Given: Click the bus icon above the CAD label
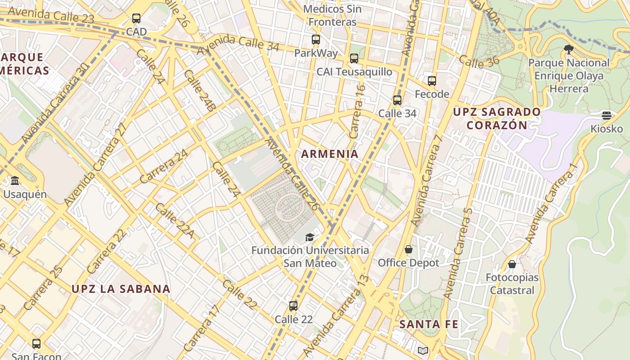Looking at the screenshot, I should point(136,18).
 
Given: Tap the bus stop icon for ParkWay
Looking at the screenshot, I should point(316,40).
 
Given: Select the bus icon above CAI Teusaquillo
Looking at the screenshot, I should point(354,58).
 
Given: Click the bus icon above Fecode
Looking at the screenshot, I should point(432,81).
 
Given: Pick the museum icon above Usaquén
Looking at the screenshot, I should point(15,181).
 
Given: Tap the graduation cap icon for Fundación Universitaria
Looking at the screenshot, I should point(310,237).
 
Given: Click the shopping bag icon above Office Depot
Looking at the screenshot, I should point(409,249).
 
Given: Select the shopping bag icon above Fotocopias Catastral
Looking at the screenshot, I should point(512,264).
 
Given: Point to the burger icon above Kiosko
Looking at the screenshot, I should point(607,116).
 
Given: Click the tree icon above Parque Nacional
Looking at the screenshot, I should point(569,49).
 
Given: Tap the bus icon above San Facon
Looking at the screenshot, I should point(36,344).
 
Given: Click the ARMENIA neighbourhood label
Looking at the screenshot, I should point(330,154).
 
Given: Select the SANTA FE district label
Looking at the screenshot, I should point(429,324).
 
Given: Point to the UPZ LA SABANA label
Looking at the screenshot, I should point(121,289).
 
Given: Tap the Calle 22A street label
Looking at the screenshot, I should point(175,220).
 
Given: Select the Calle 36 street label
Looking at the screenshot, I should point(480,62).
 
